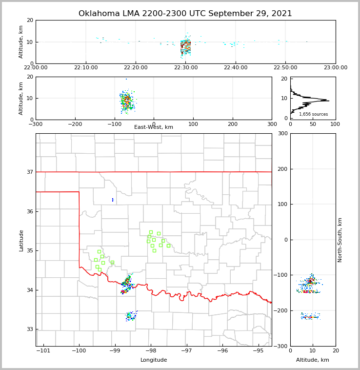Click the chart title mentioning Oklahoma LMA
(x=185, y=14)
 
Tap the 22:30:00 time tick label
(x=185, y=67)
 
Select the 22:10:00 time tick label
(x=86, y=67)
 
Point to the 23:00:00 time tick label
(x=335, y=67)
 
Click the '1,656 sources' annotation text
(x=313, y=114)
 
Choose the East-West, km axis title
(x=154, y=127)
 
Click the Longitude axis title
(x=154, y=360)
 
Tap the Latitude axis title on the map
(x=21, y=240)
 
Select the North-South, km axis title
(x=340, y=240)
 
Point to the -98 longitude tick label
(x=150, y=350)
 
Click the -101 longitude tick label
(x=43, y=350)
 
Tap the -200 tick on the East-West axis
(x=75, y=124)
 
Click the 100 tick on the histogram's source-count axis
(x=335, y=124)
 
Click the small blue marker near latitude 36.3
(x=113, y=200)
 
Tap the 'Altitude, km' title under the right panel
(x=313, y=360)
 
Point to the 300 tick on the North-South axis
(x=283, y=134)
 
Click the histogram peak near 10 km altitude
(x=328, y=101)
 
